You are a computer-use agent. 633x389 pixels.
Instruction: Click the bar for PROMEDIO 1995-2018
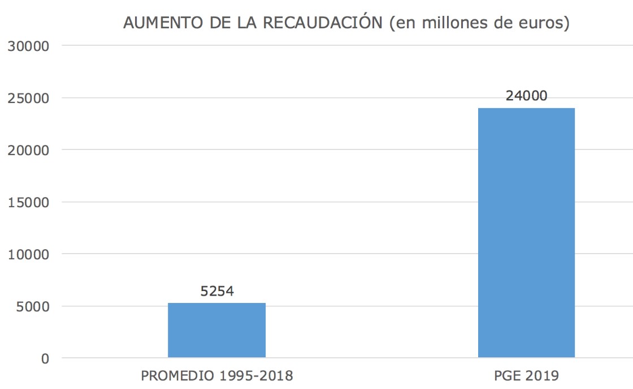pyautogui.click(x=216, y=330)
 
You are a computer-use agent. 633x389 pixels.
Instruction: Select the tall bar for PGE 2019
pyautogui.click(x=526, y=233)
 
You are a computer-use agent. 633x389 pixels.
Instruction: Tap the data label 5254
pyautogui.click(x=217, y=291)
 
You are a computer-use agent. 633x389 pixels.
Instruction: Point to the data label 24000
pyautogui.click(x=526, y=96)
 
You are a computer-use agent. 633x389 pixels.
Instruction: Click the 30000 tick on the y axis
pyautogui.click(x=29, y=46)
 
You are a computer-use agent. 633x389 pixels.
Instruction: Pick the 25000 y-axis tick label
pyautogui.click(x=29, y=98)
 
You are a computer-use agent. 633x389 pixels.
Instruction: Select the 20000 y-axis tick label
pyautogui.click(x=29, y=150)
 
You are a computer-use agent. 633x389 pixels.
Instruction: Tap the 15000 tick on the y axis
pyautogui.click(x=29, y=202)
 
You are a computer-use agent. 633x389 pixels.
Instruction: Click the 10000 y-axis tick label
pyautogui.click(x=29, y=254)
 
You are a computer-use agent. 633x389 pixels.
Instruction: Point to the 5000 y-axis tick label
pyautogui.click(x=33, y=306)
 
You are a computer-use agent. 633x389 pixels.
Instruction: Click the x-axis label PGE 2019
pyautogui.click(x=526, y=375)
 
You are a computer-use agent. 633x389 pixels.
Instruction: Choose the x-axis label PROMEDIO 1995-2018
pyautogui.click(x=217, y=375)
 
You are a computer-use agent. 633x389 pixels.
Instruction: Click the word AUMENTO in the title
pyautogui.click(x=157, y=23)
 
